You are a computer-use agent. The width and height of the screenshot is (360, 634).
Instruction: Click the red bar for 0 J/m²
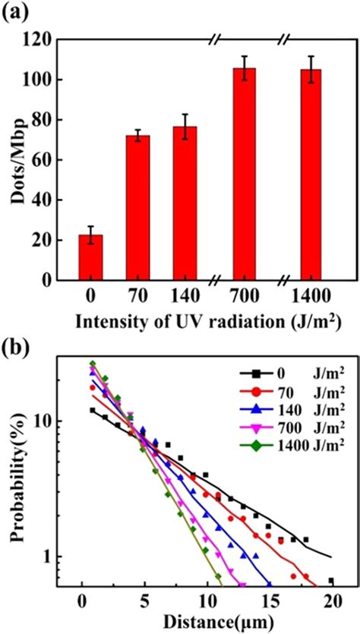(90, 258)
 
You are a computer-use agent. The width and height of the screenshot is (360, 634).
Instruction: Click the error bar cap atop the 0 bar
(90, 226)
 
